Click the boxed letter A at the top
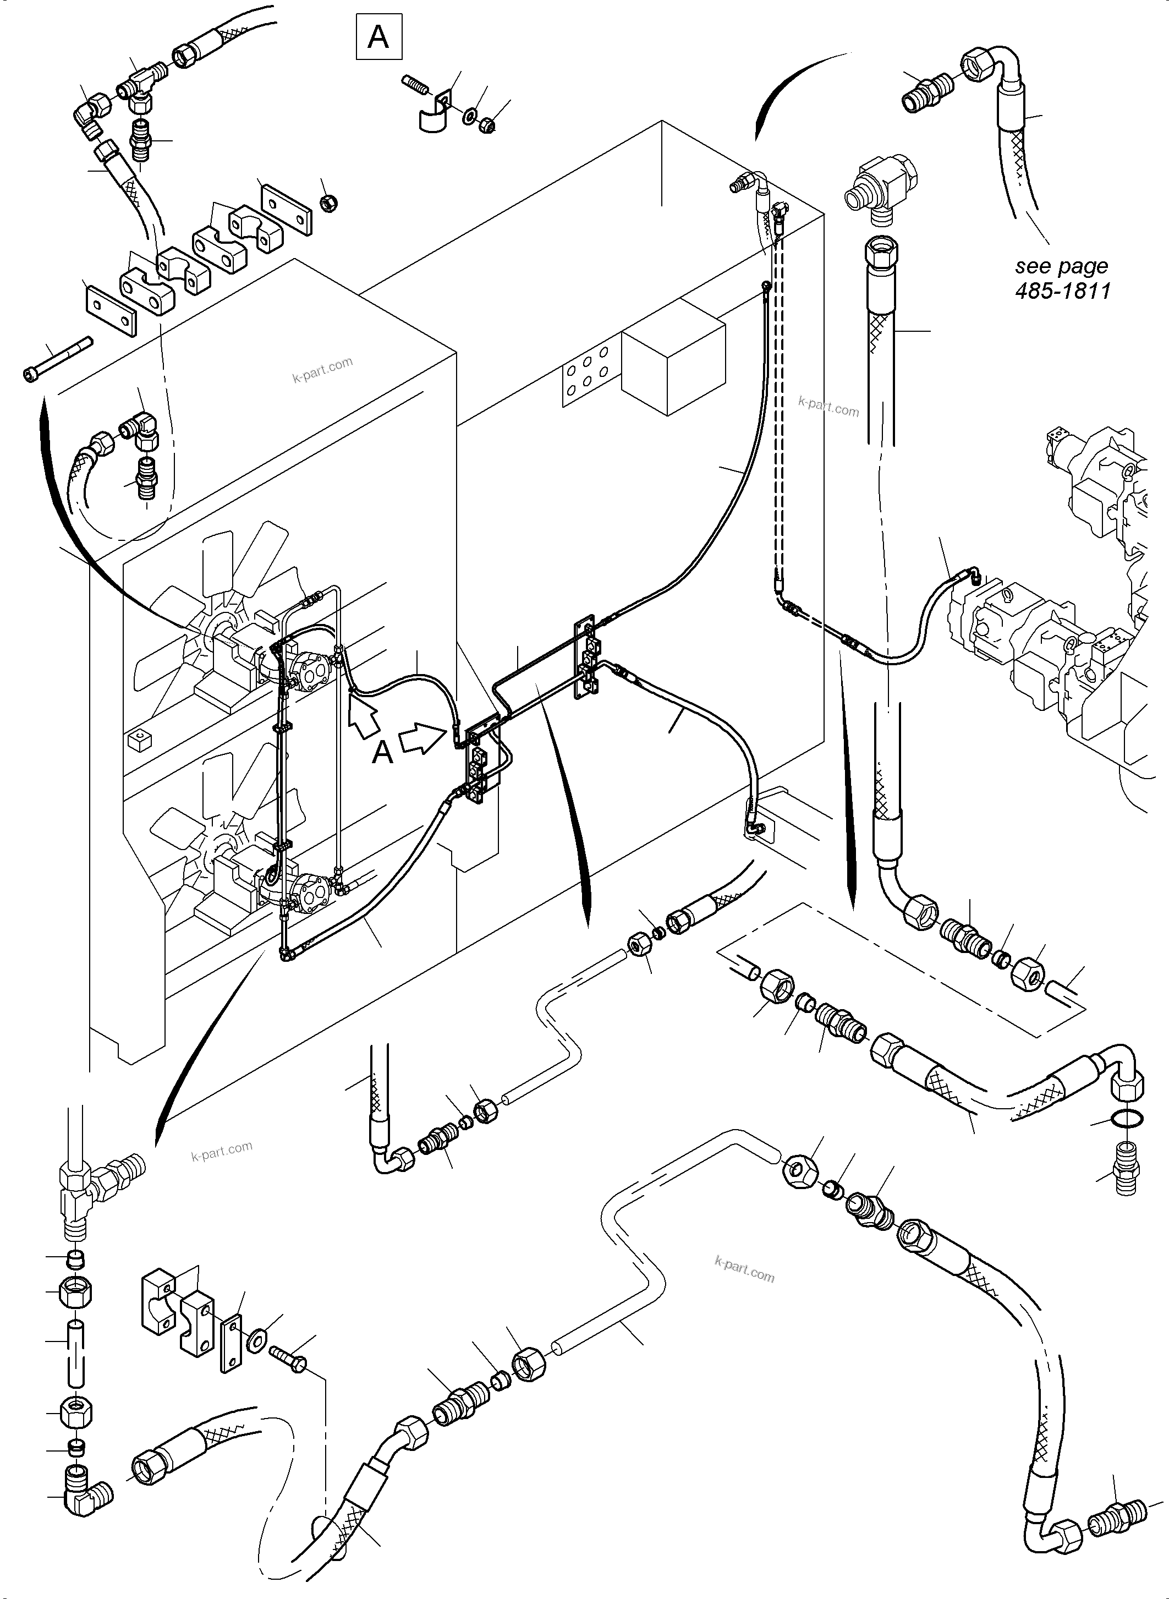pyautogui.click(x=378, y=36)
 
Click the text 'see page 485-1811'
pyautogui.click(x=1062, y=278)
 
